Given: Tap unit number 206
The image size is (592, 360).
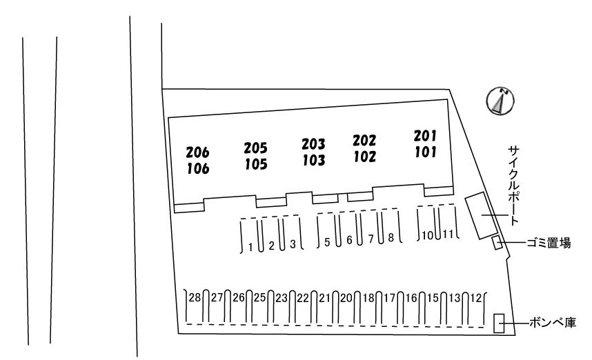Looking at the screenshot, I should click(197, 152).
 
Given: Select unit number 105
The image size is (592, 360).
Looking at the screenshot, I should click(256, 164).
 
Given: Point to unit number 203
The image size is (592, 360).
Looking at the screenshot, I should click(313, 144).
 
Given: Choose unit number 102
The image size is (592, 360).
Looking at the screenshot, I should click(364, 157).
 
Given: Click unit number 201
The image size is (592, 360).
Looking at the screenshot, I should click(425, 134).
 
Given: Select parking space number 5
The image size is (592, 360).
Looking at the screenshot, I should click(328, 241).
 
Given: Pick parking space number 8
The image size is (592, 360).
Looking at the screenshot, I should click(391, 238).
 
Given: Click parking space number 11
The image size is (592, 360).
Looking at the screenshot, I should click(449, 234).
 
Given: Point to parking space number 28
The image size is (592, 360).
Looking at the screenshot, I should click(195, 298).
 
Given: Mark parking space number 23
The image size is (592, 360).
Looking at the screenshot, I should click(281, 298).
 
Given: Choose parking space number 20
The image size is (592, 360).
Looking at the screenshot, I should click(346, 298).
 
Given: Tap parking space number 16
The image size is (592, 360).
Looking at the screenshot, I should click(411, 298).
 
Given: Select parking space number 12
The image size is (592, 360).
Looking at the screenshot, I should click(475, 298).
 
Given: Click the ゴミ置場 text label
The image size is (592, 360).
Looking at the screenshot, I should click(548, 243).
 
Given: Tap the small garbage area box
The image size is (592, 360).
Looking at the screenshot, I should click(496, 243).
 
